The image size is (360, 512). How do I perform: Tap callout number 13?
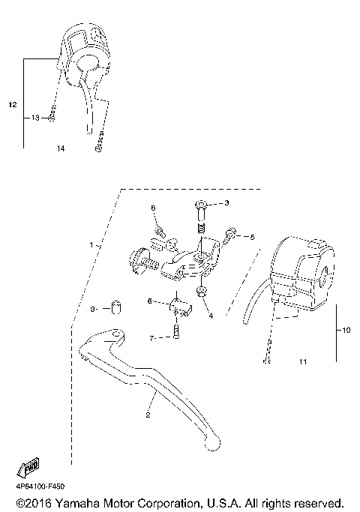click(x=35, y=118)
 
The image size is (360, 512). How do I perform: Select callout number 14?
click(x=60, y=149)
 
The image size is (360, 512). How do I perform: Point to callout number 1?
click(x=91, y=244)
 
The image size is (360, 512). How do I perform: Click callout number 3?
click(x=226, y=203)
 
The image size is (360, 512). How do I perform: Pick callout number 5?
click(x=252, y=237)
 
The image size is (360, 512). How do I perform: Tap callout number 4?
click(x=211, y=316)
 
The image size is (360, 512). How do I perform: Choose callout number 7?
click(x=151, y=338)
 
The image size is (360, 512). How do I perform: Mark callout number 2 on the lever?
click(x=148, y=415)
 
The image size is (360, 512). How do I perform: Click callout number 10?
click(x=346, y=330)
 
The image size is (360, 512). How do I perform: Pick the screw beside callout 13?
click(x=52, y=117)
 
